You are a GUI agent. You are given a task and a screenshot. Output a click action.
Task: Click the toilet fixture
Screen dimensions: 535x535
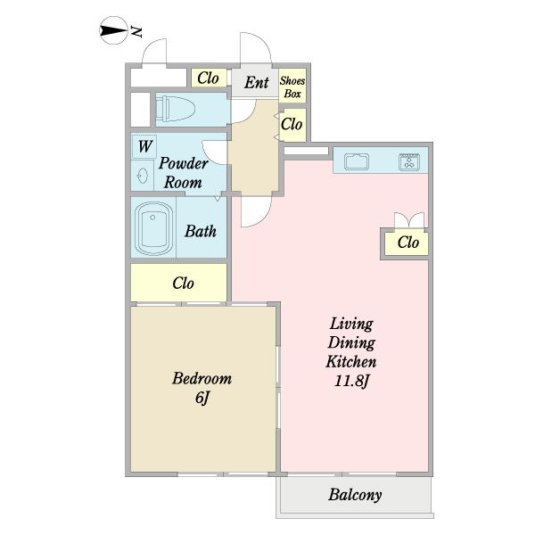176,109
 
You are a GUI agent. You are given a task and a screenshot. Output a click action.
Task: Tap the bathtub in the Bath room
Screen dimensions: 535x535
153,228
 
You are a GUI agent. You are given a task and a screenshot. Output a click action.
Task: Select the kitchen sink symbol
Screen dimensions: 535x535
356,161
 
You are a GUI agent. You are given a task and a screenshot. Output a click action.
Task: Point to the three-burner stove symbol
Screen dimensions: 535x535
409,161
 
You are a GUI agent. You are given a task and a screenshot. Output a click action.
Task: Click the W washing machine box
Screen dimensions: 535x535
144,146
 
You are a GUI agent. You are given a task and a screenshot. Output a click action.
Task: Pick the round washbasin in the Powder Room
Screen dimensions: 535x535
143,176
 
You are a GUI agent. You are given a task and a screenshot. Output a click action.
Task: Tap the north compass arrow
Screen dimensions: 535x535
113,30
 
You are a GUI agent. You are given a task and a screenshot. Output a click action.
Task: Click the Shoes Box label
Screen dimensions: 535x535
292,87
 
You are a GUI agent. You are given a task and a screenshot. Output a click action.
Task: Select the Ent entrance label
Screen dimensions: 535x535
257,83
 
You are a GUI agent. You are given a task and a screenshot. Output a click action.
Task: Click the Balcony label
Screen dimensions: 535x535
355,495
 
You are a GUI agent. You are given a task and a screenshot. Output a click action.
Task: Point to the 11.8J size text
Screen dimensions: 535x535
352,381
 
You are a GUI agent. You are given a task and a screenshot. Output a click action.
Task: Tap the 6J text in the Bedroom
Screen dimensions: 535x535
202,398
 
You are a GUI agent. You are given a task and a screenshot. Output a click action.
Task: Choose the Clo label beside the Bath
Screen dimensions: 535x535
183,283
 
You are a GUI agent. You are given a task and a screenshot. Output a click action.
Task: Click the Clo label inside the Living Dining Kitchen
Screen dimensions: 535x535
408,243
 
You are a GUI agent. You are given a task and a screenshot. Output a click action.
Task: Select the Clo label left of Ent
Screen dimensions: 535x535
208,78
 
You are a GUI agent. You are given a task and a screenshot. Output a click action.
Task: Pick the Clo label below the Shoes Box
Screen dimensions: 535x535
292,124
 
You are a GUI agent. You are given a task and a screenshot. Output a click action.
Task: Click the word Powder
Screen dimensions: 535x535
184,163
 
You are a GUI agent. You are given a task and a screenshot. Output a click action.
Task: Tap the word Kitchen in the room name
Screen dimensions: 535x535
351,362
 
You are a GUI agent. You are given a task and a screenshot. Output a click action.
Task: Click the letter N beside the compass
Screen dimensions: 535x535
136,31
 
